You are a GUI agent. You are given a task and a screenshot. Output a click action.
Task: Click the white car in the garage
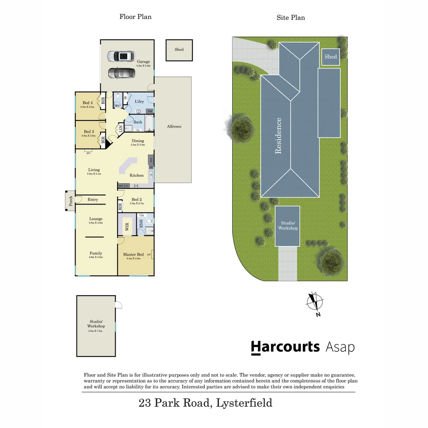tap(121, 56)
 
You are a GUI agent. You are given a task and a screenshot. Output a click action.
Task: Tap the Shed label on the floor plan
tap(179, 50)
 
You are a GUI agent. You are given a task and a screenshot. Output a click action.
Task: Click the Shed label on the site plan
tap(331, 57)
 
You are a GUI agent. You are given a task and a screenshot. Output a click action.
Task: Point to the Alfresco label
tap(174, 126)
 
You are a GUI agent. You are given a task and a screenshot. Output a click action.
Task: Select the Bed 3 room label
tap(89, 132)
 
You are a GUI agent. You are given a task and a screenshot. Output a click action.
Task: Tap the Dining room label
tap(138, 141)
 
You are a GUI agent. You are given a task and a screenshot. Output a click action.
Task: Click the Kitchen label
tap(137, 175)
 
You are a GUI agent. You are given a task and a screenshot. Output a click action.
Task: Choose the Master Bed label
tap(133, 254)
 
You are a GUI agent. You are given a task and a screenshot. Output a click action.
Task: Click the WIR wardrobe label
tap(127, 227)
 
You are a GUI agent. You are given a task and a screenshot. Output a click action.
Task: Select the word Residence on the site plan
tap(278, 136)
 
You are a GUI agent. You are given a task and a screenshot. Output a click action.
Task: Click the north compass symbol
tap(315, 302)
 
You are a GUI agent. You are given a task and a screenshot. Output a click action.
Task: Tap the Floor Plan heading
tap(135, 17)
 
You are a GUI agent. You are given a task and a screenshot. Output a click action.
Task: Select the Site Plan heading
tap(290, 17)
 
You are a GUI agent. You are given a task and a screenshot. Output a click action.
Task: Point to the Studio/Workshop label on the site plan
tap(288, 225)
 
